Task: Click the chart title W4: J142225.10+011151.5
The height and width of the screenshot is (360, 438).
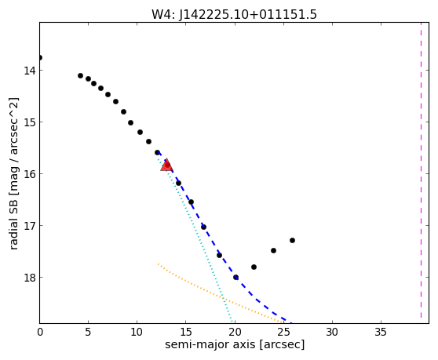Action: (234, 15)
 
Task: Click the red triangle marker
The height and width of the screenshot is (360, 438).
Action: (166, 165)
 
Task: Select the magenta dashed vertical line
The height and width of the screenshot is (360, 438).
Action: (421, 170)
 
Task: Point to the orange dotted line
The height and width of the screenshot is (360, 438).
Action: (221, 294)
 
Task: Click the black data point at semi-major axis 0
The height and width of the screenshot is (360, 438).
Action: (40, 58)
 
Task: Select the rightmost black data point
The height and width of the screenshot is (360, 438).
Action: (292, 240)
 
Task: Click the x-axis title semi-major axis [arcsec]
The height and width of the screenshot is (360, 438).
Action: (235, 344)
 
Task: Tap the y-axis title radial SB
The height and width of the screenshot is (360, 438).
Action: (13, 173)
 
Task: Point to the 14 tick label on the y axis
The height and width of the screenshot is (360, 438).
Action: (30, 71)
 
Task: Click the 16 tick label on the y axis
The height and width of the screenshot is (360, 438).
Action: (30, 174)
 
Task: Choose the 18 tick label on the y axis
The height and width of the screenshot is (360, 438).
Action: (30, 278)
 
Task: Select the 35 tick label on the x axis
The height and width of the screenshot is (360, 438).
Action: (381, 332)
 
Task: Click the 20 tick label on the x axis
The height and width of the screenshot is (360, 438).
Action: (235, 332)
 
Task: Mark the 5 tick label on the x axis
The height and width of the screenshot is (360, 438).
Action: (88, 332)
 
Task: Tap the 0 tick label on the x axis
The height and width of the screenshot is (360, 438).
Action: (40, 332)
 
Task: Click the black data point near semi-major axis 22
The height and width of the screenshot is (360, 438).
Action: (254, 267)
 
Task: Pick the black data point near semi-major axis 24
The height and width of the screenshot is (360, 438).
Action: (273, 251)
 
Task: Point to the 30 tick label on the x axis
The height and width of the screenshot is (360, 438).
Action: (332, 332)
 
